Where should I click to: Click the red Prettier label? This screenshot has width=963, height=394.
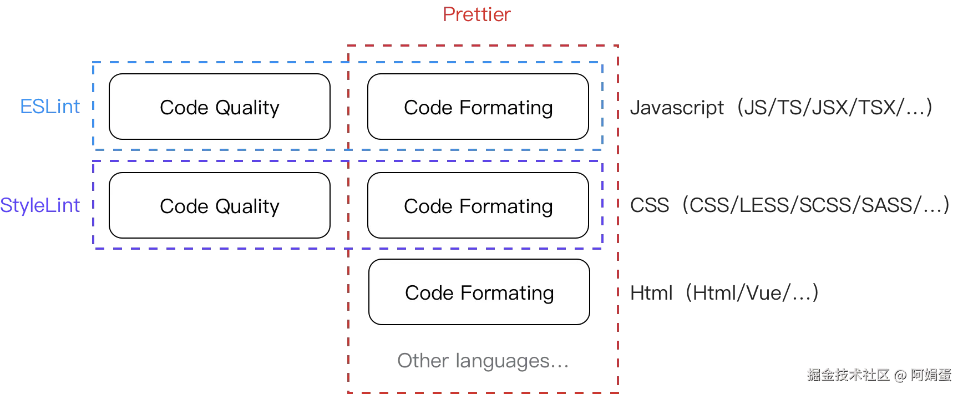pyautogui.click(x=478, y=14)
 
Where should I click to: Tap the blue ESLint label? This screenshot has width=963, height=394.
pyautogui.click(x=49, y=107)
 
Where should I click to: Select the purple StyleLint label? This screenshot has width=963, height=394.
pyautogui.click(x=40, y=205)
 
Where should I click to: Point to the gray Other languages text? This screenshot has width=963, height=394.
pyautogui.click(x=480, y=361)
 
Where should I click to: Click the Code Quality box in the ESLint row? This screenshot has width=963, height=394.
pyautogui.click(x=220, y=107)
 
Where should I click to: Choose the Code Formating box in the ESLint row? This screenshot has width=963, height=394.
pyautogui.click(x=478, y=107)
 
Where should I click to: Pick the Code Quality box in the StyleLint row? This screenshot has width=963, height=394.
pyautogui.click(x=220, y=205)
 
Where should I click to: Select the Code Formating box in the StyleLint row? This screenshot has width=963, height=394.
pyautogui.click(x=478, y=205)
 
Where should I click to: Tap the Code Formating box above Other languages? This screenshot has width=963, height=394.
pyautogui.click(x=479, y=292)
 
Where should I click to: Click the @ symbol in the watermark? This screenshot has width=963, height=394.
pyautogui.click(x=899, y=375)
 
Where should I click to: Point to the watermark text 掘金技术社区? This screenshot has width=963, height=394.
pyautogui.click(x=848, y=375)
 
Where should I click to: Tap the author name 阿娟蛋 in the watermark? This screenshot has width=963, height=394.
pyautogui.click(x=930, y=375)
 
